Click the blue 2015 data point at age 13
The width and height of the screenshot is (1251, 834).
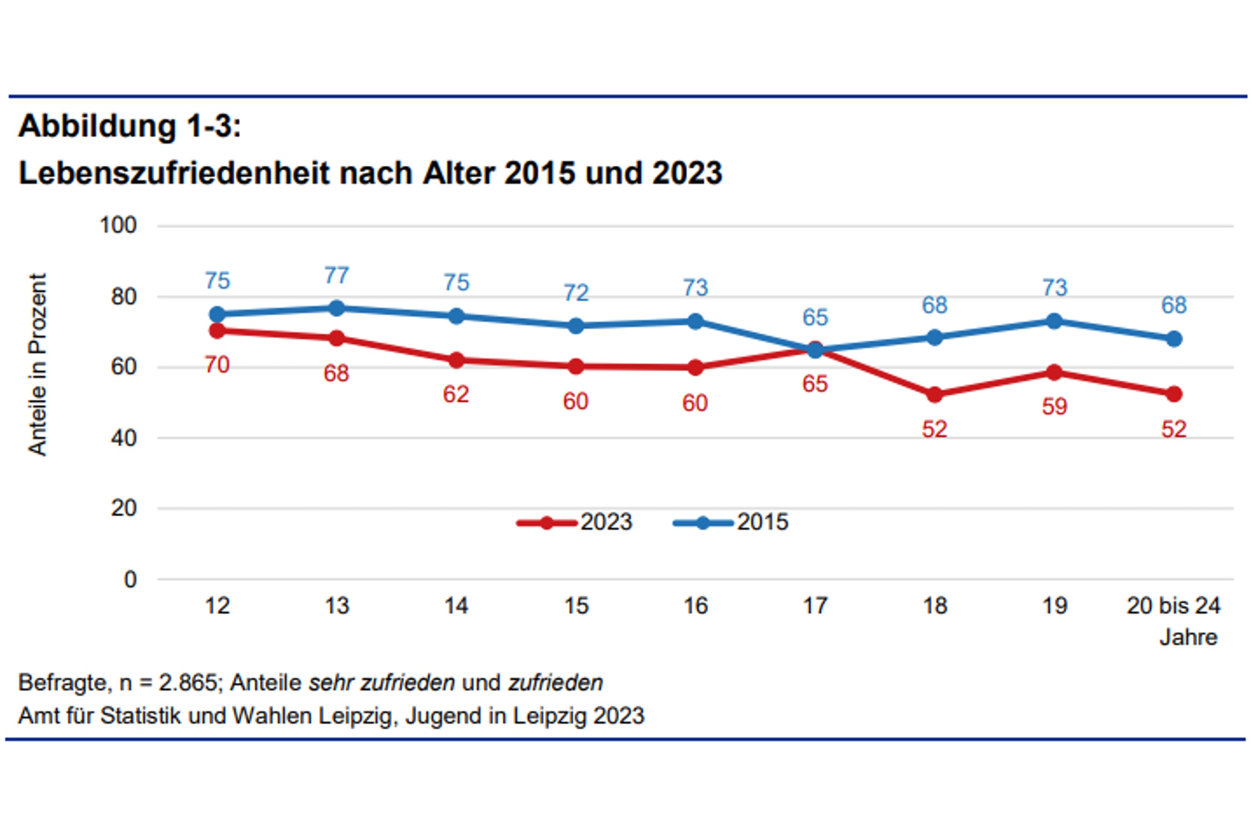336,308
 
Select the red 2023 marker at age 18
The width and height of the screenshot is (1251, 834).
935,395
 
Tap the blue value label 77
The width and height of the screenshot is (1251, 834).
336,275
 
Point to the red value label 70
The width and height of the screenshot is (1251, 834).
217,365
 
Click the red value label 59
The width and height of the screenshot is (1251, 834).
1054,406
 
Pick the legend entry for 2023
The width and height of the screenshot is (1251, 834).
575,522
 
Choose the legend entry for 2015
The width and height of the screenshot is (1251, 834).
732,522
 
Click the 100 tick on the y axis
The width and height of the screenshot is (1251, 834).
118,225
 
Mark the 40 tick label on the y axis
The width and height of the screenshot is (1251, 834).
123,438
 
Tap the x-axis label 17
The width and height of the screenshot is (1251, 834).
815,605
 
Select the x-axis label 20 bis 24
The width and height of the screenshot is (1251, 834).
1173,605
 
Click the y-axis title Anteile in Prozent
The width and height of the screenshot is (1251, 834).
37,364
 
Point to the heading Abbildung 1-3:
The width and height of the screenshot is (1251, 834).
130,126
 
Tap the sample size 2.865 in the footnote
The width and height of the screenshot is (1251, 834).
187,682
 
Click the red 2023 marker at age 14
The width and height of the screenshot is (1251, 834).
456,360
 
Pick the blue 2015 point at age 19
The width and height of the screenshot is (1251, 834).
1054,321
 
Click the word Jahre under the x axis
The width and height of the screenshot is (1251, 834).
1188,637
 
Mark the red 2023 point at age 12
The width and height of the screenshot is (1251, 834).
217,331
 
